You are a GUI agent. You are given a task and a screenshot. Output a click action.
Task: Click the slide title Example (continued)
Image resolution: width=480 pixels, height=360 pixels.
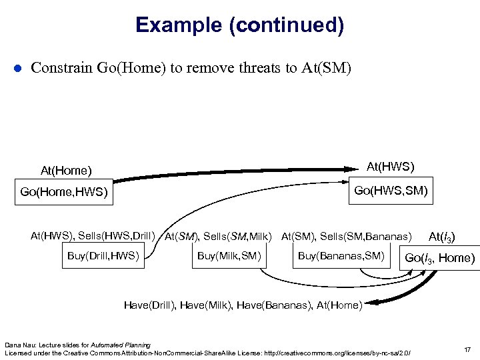[239, 25]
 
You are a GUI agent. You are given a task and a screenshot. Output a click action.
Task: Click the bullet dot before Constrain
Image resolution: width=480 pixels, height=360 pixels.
[18, 68]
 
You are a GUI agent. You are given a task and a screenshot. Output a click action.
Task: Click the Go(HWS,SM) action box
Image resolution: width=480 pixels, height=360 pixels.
[391, 191]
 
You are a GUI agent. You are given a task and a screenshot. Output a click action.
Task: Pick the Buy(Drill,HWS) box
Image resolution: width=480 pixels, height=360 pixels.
[103, 256]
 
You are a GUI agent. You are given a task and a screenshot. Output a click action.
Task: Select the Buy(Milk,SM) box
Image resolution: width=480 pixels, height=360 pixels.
[229, 256]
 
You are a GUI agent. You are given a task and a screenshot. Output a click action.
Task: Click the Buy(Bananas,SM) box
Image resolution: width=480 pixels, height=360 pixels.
[341, 256]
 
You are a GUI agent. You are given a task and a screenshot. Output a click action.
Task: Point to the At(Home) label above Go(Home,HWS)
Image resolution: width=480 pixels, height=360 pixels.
[66, 171]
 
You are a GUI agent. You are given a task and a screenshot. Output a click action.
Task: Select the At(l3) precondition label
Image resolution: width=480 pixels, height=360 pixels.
[442, 236]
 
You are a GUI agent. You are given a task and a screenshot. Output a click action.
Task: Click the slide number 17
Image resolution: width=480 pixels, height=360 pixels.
[465, 349]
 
